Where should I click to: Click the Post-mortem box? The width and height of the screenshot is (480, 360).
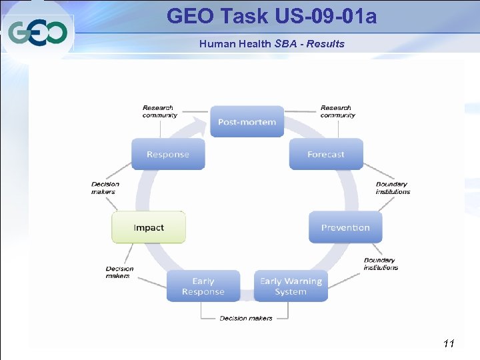click(247, 121)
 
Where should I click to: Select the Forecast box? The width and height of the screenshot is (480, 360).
click(326, 154)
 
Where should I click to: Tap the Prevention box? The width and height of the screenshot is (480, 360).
click(345, 227)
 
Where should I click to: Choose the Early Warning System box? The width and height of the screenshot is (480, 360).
click(291, 286)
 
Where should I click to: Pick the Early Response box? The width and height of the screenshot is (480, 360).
click(203, 286)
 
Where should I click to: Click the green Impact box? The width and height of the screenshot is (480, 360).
click(149, 227)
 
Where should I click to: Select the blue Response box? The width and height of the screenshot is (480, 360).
click(168, 154)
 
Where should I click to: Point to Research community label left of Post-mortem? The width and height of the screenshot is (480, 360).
click(159, 111)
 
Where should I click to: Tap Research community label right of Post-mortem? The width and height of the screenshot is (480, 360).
click(337, 111)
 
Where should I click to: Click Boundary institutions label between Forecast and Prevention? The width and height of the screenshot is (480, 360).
click(393, 188)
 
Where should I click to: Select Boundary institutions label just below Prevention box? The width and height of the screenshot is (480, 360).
click(381, 264)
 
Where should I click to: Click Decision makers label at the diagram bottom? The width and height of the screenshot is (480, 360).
click(246, 318)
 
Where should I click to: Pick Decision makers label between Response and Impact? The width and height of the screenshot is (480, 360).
click(105, 188)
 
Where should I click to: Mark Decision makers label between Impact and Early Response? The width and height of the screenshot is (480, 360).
click(119, 272)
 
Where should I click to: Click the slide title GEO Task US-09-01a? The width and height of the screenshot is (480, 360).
click(271, 15)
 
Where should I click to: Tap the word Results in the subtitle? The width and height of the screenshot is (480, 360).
click(327, 44)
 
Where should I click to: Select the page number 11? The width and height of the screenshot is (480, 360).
click(448, 343)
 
